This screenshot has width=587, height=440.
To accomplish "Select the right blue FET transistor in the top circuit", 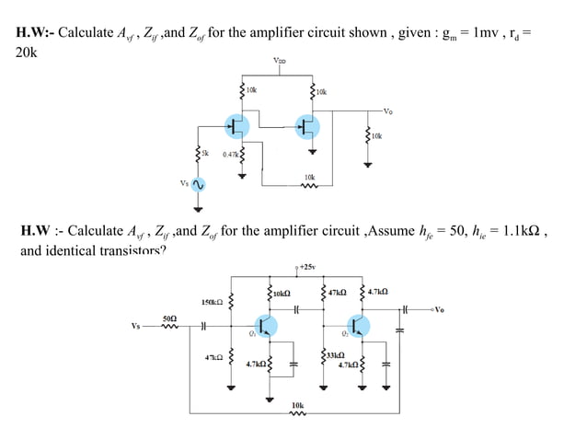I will pyautogui.click(x=307, y=126).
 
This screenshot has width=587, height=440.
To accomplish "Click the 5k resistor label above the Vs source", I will pyautogui.click(x=207, y=153).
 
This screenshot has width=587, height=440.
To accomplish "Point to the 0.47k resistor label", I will pyautogui.click(x=229, y=154).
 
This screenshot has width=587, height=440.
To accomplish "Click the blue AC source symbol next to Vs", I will pyautogui.click(x=198, y=185).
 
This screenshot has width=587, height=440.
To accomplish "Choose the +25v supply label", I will pyautogui.click(x=305, y=268).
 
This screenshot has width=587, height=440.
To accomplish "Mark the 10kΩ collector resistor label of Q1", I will pyautogui.click(x=282, y=293).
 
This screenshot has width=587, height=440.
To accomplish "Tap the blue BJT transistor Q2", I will pyautogui.click(x=359, y=326).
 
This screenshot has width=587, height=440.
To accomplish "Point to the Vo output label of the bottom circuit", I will pyautogui.click(x=439, y=308).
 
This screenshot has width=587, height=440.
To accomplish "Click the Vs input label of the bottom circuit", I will pyautogui.click(x=136, y=325).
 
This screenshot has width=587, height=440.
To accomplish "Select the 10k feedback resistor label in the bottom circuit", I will pyautogui.click(x=297, y=404).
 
